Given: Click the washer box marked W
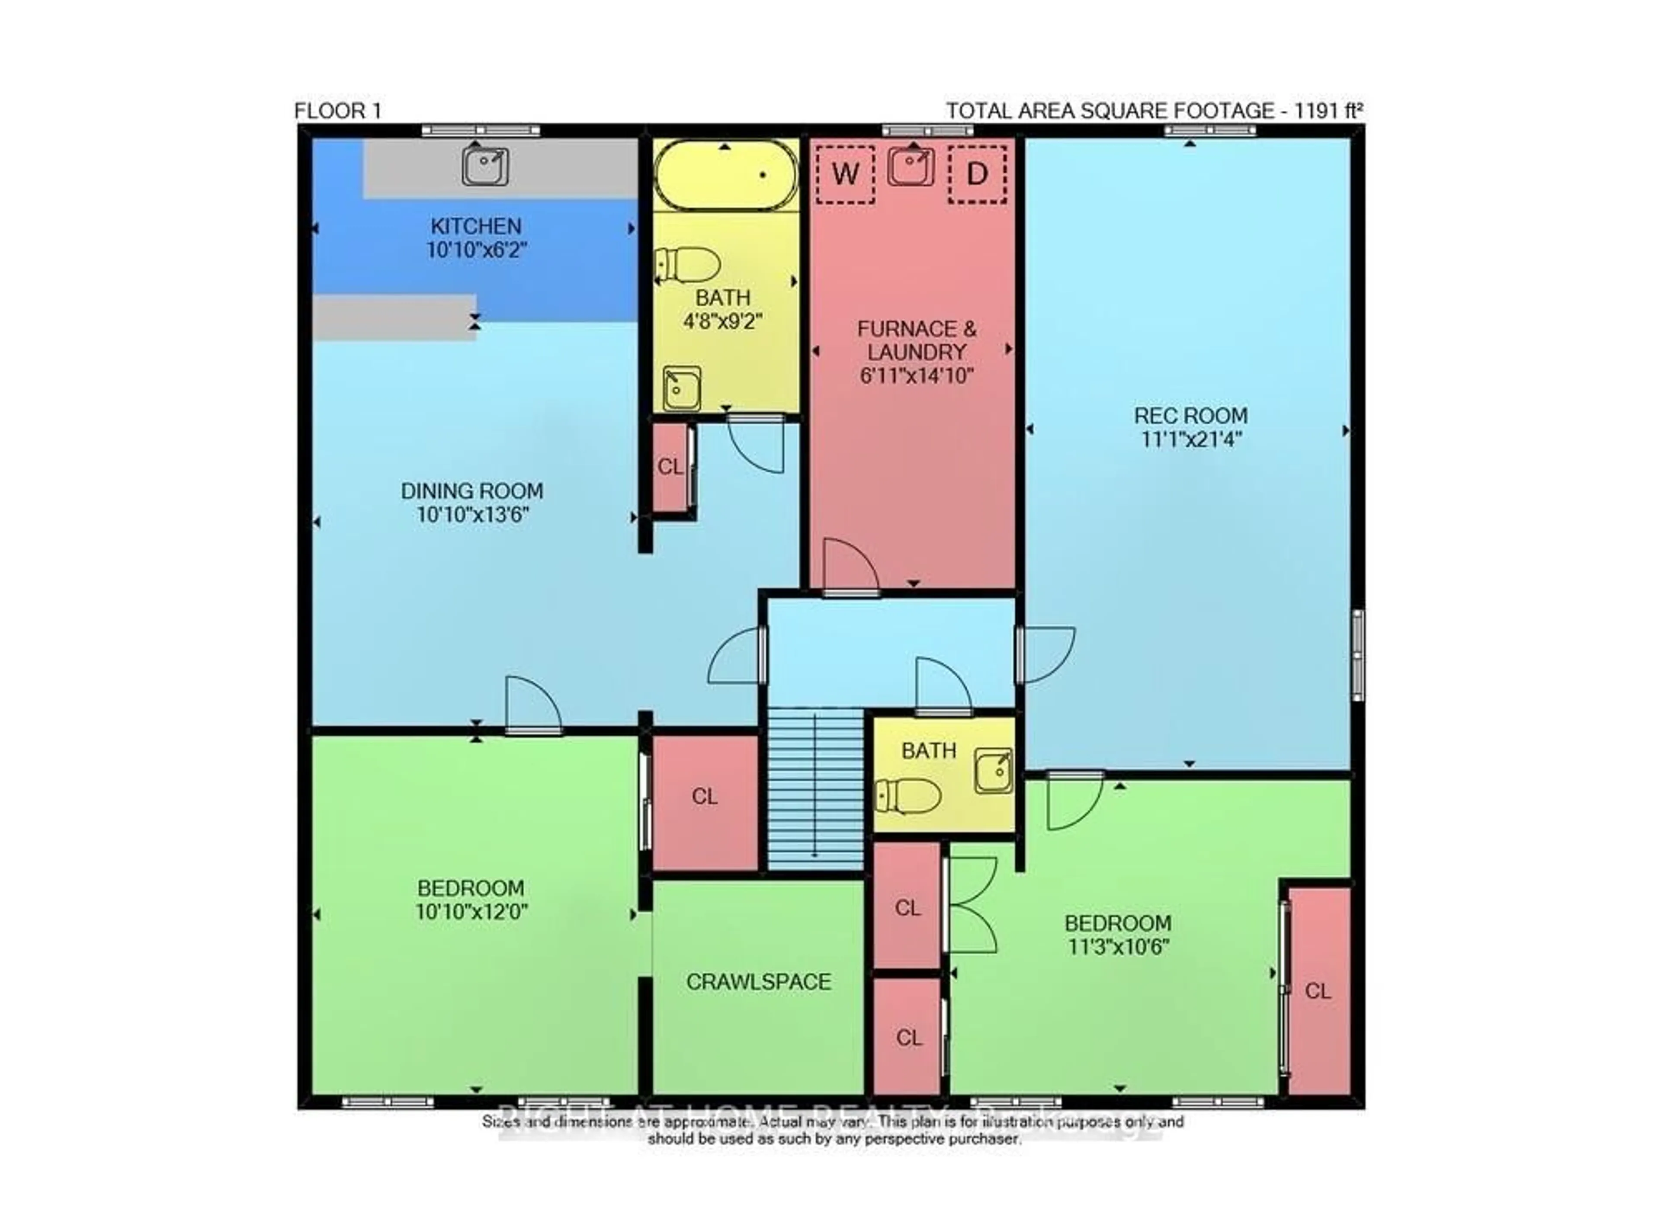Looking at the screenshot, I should pyautogui.click(x=845, y=175).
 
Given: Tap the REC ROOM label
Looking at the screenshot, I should pyautogui.click(x=1190, y=416).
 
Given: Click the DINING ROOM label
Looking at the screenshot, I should pyautogui.click(x=472, y=491).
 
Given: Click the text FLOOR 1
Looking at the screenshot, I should pyautogui.click(x=338, y=111).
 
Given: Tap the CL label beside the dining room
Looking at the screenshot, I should pyautogui.click(x=670, y=467).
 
